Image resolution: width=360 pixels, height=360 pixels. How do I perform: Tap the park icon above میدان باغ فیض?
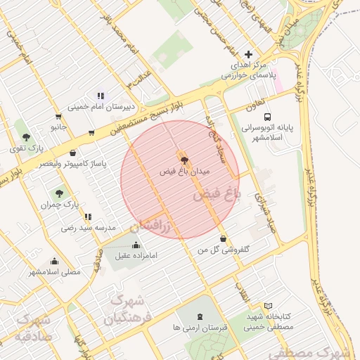pos(185,160)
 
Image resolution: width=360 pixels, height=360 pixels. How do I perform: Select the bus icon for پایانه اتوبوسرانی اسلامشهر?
pos(266,117)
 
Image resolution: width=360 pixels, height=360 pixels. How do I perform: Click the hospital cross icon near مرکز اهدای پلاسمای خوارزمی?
pos(247,54)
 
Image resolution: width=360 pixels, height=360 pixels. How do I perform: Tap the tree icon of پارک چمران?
pos(58,193)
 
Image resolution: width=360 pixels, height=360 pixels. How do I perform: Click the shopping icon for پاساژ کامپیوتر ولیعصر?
pos(73,153)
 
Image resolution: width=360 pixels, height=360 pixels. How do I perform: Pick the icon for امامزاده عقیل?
pos(136,245)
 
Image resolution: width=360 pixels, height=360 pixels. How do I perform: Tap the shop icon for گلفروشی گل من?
pos(223,238)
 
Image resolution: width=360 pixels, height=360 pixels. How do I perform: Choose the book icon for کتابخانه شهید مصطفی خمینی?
pos(268,306)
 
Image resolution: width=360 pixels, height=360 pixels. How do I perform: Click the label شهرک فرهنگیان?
pos(124,310)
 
